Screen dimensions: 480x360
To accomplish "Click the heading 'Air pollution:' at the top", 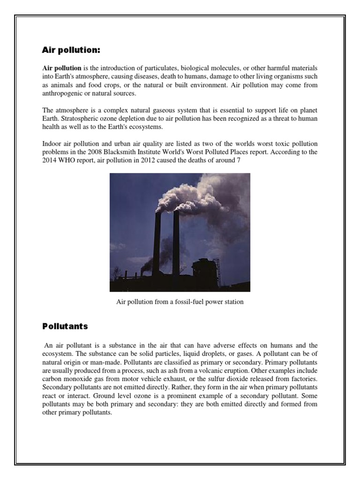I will tap(71, 50).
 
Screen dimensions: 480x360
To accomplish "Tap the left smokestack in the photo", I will tap(157, 244).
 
